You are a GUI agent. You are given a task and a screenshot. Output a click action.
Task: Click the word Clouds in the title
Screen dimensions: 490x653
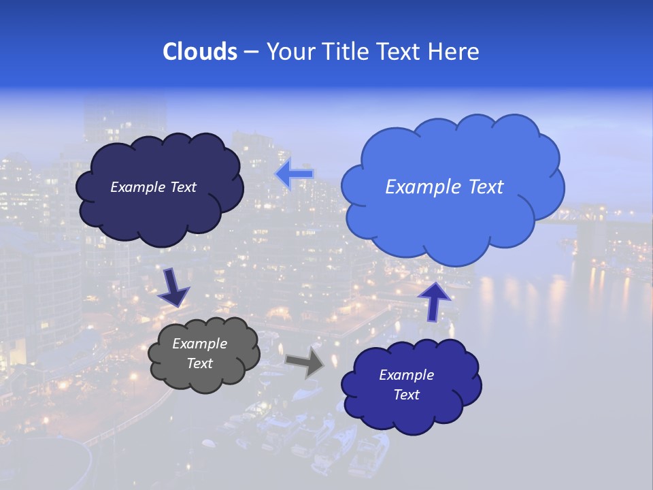point(199,52)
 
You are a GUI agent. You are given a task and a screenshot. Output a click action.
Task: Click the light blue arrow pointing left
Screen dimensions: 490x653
point(295,174)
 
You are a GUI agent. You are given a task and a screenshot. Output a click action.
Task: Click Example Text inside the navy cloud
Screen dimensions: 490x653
point(153,187)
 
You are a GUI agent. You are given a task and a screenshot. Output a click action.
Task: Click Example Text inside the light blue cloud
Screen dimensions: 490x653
point(444,187)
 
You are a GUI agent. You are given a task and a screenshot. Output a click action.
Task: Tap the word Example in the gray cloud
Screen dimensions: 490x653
point(199,344)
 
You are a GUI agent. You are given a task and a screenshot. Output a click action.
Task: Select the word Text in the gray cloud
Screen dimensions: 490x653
point(199,363)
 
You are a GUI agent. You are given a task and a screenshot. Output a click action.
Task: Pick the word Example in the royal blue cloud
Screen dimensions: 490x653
point(406,375)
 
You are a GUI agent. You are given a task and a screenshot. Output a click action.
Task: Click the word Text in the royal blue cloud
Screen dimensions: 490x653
point(406,395)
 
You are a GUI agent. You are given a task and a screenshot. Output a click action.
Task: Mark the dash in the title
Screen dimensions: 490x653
point(250,52)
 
